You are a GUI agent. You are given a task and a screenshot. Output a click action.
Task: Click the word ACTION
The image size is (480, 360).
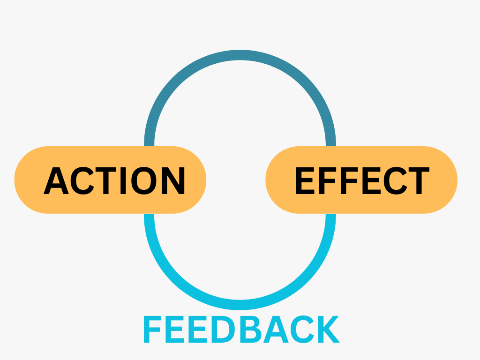(114, 180)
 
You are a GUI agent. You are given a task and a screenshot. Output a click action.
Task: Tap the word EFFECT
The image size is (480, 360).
(363, 180)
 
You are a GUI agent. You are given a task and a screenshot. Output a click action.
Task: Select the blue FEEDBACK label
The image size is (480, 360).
(241, 329)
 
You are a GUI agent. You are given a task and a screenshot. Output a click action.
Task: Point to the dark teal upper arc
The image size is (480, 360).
(240, 55)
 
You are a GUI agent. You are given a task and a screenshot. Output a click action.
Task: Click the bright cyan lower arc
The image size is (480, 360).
(240, 305)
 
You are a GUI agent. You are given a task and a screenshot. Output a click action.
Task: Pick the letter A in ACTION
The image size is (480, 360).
(56, 180)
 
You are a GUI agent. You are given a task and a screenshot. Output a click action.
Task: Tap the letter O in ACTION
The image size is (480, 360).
(144, 180)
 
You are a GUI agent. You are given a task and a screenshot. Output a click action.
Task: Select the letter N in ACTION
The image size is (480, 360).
(173, 180)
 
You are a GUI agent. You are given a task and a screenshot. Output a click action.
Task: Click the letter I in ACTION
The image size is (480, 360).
(123, 180)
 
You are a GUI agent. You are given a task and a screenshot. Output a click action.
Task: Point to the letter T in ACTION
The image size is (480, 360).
(106, 180)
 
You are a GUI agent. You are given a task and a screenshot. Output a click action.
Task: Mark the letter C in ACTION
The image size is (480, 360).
(82, 180)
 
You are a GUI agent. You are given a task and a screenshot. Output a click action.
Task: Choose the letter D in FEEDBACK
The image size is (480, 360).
(223, 329)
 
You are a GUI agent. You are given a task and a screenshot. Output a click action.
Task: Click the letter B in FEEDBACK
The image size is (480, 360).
(251, 329)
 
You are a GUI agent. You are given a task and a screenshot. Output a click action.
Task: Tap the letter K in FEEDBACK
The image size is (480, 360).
(329, 329)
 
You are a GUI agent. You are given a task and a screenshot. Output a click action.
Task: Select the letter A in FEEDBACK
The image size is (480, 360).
(276, 329)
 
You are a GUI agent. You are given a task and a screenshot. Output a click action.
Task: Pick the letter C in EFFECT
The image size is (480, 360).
(396, 180)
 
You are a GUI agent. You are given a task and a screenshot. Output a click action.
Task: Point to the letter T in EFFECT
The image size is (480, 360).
(419, 180)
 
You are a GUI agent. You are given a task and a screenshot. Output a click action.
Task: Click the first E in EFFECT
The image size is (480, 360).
(305, 180)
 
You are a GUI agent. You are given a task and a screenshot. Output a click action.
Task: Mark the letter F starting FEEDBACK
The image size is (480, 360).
(152, 329)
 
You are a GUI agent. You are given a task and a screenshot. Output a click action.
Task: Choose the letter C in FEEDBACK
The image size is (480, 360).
(302, 329)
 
